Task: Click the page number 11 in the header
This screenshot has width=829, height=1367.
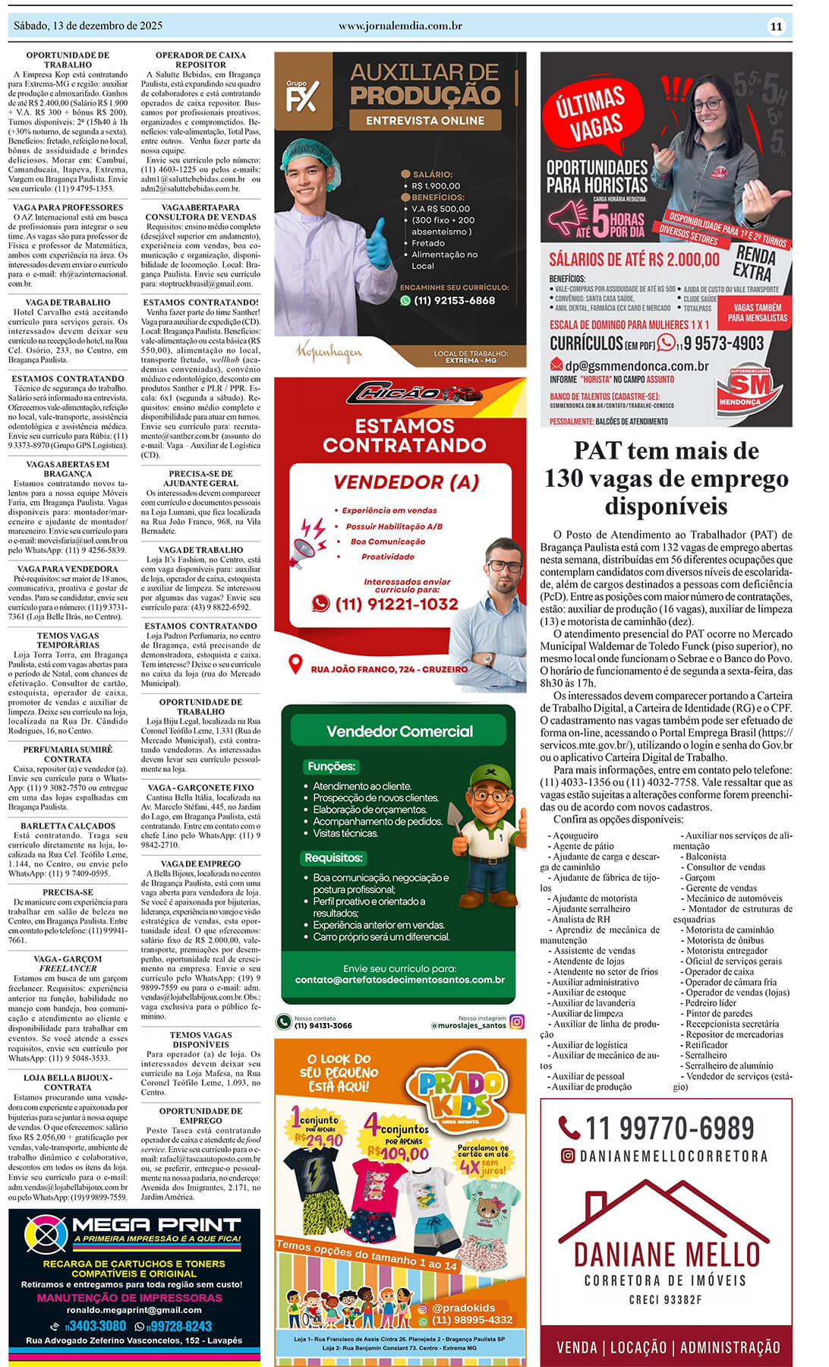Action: click(776, 27)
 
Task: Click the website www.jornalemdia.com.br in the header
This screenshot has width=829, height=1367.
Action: click(400, 26)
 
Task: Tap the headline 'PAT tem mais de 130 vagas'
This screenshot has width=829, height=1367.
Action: click(666, 478)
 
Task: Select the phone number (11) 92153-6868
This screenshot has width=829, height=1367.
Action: click(454, 301)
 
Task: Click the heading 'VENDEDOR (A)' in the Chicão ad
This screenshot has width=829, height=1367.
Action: click(406, 482)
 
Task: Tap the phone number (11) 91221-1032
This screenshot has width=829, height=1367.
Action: click(396, 604)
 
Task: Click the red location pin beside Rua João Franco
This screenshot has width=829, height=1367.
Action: click(296, 665)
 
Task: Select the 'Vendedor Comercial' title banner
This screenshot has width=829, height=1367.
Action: click(399, 731)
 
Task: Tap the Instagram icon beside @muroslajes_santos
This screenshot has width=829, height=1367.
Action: click(517, 1021)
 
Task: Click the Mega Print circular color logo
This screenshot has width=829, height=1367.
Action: click(46, 1233)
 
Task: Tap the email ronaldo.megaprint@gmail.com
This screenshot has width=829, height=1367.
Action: click(134, 1309)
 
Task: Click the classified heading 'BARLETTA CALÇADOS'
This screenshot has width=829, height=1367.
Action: click(68, 826)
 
